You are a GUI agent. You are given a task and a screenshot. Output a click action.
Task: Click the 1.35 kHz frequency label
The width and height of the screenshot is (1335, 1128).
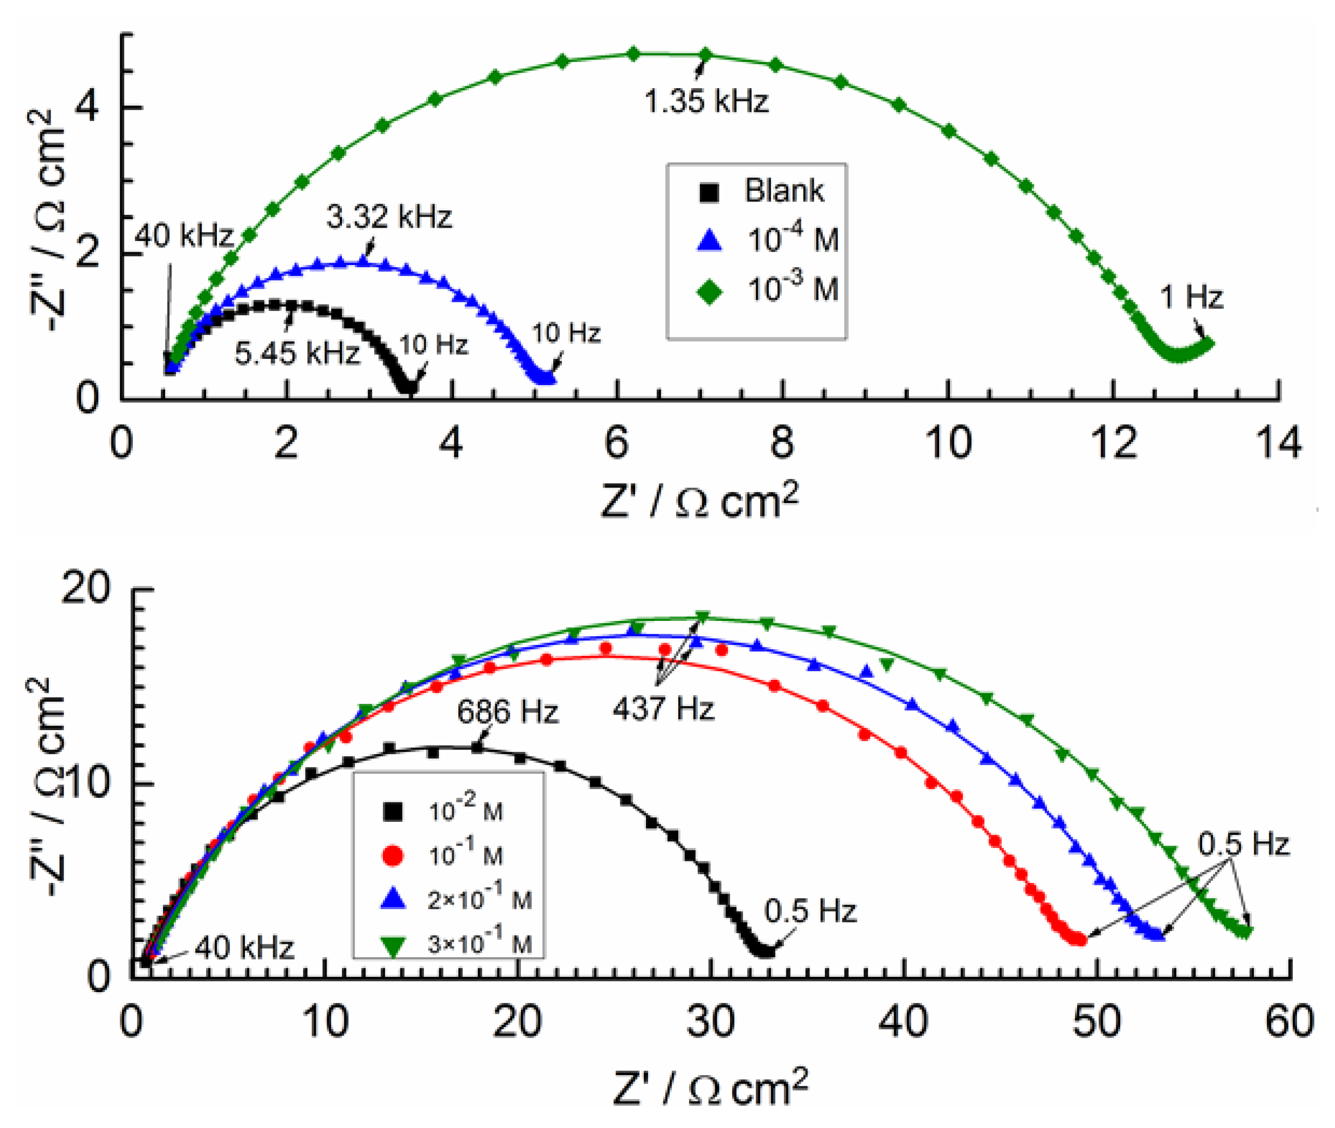tap(705, 101)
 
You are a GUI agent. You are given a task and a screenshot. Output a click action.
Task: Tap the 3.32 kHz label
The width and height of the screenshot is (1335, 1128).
tap(389, 217)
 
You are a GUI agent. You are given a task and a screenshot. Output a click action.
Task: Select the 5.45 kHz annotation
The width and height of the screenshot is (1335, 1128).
tap(297, 352)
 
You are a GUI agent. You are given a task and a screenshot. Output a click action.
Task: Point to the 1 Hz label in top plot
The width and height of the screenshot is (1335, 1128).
tap(1190, 297)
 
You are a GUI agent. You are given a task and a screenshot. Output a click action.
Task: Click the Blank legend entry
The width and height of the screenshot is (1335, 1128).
tap(783, 191)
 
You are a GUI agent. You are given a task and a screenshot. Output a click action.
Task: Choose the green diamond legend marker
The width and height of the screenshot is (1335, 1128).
tap(709, 292)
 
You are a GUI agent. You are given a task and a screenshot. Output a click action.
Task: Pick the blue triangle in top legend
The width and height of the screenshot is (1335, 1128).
tap(710, 240)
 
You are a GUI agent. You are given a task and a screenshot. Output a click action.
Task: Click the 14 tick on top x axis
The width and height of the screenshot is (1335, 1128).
tap(1278, 442)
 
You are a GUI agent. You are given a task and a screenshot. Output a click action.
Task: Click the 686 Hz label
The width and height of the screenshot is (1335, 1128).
tap(507, 712)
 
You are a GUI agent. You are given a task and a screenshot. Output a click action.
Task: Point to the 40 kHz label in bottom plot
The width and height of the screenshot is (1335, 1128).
tap(244, 948)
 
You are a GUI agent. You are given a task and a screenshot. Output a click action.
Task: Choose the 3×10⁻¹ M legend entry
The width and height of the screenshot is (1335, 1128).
tap(479, 943)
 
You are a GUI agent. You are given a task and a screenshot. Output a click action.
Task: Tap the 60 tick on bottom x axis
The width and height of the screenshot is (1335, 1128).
tap(1289, 1021)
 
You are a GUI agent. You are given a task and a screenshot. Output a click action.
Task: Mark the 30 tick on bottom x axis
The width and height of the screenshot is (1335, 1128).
tap(711, 1021)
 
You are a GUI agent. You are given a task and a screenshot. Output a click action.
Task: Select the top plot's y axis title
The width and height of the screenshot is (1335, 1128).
tap(49, 220)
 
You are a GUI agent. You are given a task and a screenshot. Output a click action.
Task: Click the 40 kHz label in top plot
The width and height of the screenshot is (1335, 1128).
tap(184, 236)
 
